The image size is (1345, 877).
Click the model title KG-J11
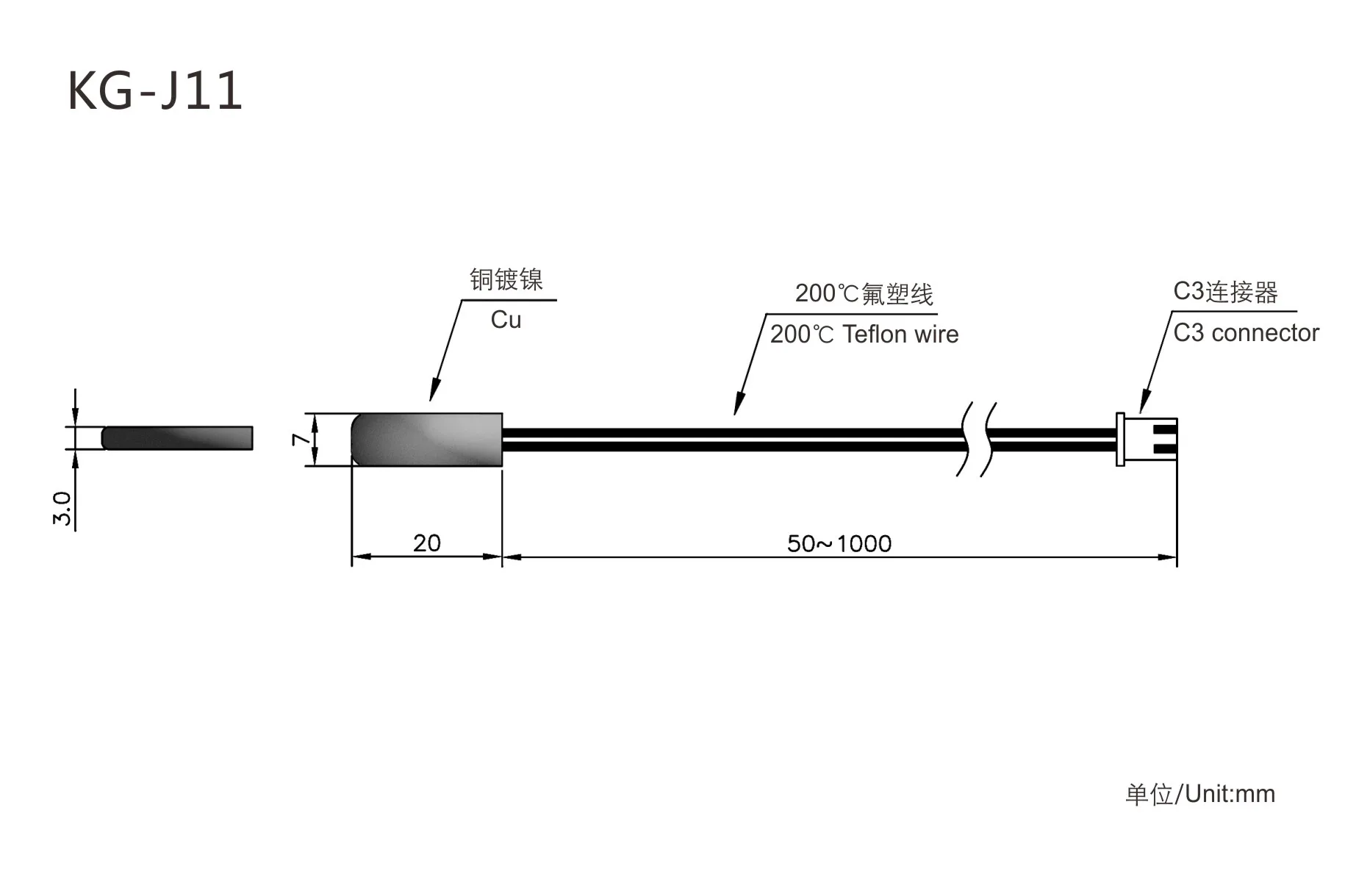(155, 91)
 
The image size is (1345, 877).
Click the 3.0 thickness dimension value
(62, 508)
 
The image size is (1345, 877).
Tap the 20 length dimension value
(426, 543)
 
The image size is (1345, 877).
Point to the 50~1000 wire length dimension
(839, 544)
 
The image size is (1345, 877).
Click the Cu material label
(506, 320)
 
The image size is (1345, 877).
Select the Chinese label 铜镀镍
(506, 279)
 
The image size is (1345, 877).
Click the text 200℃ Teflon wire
(864, 334)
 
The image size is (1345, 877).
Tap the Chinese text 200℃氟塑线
(864, 294)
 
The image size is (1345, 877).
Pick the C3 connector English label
(1246, 333)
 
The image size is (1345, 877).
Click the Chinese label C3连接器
(1225, 292)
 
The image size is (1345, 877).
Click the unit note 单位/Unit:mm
(1200, 794)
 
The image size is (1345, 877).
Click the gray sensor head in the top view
(426, 440)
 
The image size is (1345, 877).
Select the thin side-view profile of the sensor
(177, 437)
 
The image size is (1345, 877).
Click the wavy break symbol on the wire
(976, 439)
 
